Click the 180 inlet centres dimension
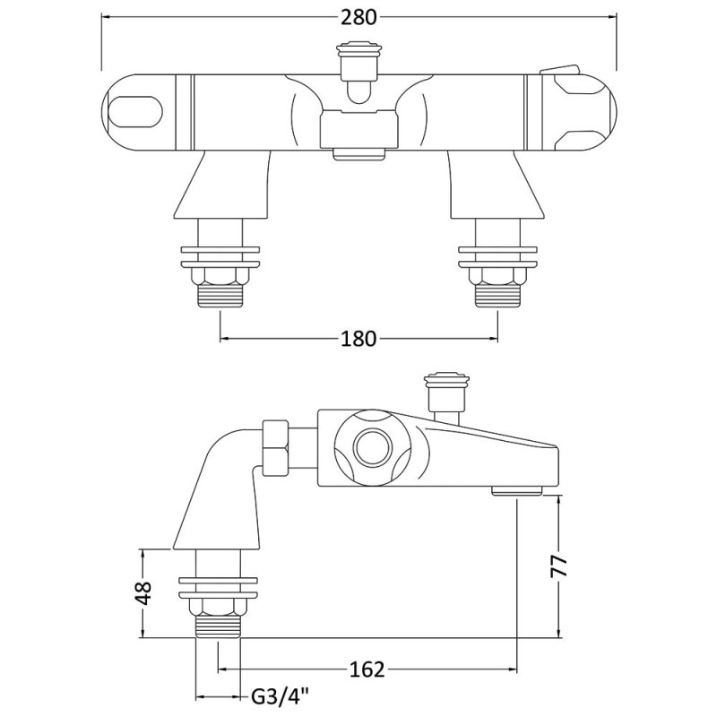pos(358,338)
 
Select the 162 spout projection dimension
pos(367,669)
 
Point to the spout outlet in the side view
pos(518,490)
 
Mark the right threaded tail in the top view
pos(497,298)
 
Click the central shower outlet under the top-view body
pos(358,153)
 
